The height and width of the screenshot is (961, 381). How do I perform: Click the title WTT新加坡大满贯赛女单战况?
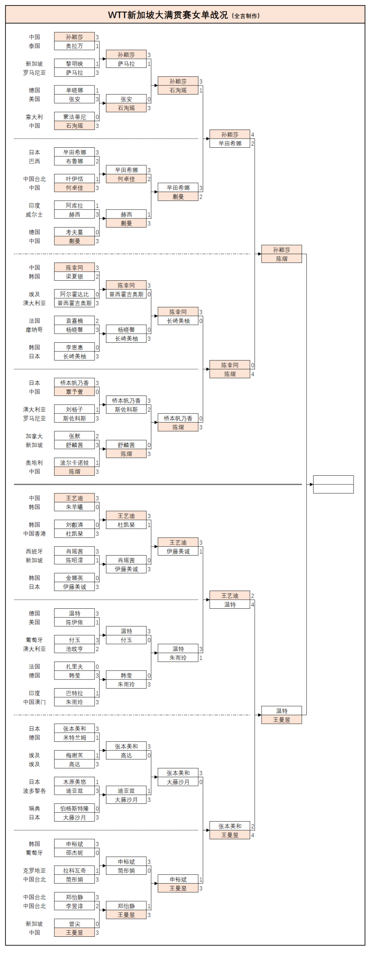[x=168, y=15]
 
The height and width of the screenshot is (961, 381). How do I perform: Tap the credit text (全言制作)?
[x=246, y=16]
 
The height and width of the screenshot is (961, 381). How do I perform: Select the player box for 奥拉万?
[x=74, y=46]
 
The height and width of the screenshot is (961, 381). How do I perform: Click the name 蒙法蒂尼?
[x=74, y=117]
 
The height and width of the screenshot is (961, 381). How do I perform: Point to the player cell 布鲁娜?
[x=74, y=161]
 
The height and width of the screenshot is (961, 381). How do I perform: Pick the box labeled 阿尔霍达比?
[x=74, y=294]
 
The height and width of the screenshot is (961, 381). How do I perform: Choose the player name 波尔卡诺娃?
[x=74, y=463]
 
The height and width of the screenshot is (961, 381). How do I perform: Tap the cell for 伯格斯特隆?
[x=74, y=809]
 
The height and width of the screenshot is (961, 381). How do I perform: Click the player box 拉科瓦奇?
[x=74, y=870]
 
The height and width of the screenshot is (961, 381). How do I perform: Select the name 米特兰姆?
[x=74, y=737]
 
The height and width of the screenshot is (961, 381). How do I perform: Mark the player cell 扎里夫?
[x=74, y=667]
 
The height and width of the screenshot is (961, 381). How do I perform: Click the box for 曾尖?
[x=74, y=924]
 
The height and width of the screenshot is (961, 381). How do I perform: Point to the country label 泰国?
[x=34, y=46]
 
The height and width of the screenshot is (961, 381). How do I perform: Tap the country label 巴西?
[x=34, y=161]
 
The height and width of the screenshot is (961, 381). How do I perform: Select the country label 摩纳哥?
[x=34, y=330]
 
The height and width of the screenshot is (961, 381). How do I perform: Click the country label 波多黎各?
[x=34, y=791]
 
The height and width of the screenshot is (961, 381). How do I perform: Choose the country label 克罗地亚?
[x=34, y=870]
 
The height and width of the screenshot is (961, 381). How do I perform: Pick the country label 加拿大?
[x=34, y=436]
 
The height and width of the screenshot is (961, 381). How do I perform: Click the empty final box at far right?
[x=333, y=484]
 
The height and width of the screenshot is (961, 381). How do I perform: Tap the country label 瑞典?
[x=34, y=809]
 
